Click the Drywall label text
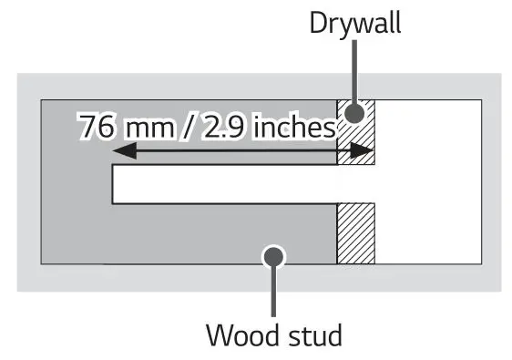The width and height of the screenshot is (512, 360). pos(354,23)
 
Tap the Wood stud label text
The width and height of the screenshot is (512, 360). pos(274,334)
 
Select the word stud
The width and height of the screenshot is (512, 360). pos(312,334)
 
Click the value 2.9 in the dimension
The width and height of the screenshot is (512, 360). pos(226,127)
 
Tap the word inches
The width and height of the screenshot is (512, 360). pos(293,127)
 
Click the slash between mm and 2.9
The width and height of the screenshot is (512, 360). pos(189,127)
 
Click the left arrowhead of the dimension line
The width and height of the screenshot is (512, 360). pos(118,151)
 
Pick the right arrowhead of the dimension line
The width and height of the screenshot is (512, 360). pos(368,151)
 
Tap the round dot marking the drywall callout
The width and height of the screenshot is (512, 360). pos(355,113)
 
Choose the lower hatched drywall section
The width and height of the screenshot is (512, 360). pos(356,232)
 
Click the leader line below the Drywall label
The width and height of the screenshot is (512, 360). pos(355,73)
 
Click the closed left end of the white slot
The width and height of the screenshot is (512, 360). pos(113,184)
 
